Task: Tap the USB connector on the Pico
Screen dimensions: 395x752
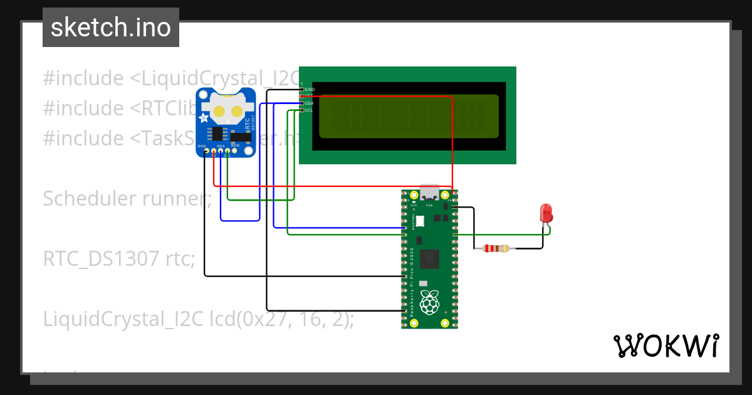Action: pyautogui.click(x=430, y=192)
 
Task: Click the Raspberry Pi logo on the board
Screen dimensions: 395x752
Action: pyautogui.click(x=429, y=302)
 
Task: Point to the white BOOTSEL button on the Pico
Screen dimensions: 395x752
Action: pyautogui.click(x=420, y=221)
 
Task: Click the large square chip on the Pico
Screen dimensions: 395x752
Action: pyautogui.click(x=429, y=257)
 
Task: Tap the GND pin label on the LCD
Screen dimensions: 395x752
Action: pyautogui.click(x=310, y=90)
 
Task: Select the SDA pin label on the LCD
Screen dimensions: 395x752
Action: pyautogui.click(x=309, y=103)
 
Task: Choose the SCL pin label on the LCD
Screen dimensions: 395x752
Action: pyautogui.click(x=309, y=110)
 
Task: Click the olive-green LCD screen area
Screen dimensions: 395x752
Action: pyautogui.click(x=409, y=116)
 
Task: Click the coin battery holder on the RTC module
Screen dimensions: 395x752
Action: pyautogui.click(x=227, y=110)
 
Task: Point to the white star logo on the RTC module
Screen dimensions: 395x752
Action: pyautogui.click(x=204, y=118)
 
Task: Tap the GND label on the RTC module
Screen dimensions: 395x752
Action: pyautogui.click(x=202, y=146)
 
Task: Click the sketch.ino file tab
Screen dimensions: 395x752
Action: pyautogui.click(x=111, y=28)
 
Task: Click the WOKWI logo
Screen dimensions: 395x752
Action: pyautogui.click(x=666, y=345)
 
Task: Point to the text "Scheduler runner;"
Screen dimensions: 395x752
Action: pyautogui.click(x=127, y=199)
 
